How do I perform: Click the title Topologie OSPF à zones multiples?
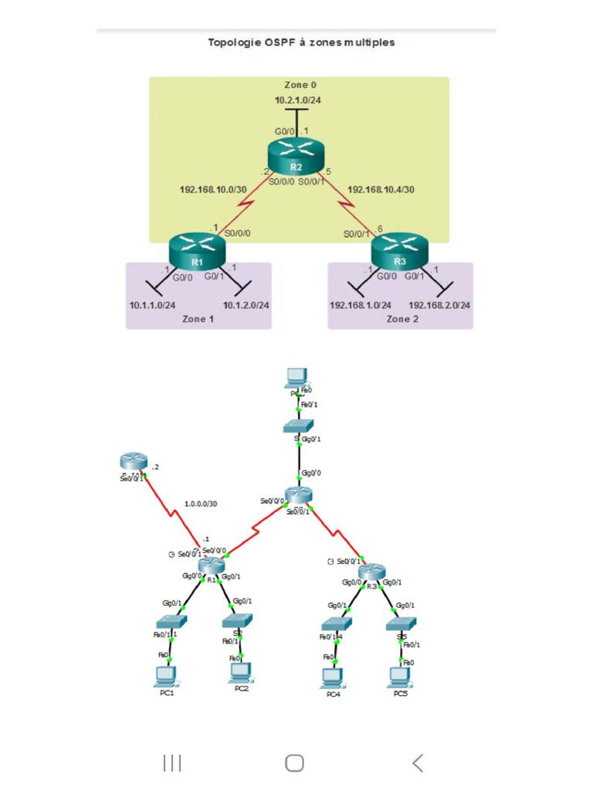coord(301,42)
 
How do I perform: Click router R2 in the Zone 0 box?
coord(296,158)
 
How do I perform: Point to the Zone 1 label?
coord(198,319)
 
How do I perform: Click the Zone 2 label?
coord(402,319)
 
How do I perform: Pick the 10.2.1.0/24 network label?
coord(297,100)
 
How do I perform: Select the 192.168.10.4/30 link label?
coord(381,188)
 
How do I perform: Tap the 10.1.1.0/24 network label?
coord(152,306)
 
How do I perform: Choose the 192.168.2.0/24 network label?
coord(439,306)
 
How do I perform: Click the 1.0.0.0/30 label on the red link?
coord(201,504)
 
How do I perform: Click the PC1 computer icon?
coord(165,676)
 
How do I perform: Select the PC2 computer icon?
coord(240,673)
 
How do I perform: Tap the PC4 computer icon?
coord(332,677)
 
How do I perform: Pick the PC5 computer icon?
coord(399,676)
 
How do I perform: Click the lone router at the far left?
coord(134,461)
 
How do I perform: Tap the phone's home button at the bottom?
coord(294,763)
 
